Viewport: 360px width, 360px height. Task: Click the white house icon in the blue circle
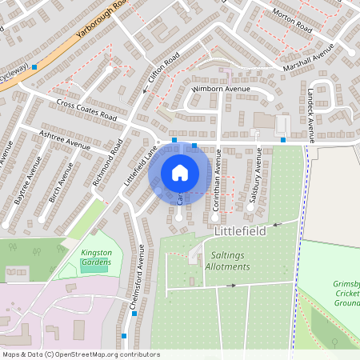pos(180,173)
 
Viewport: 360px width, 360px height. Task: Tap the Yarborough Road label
pos(103,20)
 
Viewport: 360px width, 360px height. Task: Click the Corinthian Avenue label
pos(216,184)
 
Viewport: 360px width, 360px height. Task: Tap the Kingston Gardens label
pos(97,258)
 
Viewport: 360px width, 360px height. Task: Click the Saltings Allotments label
pos(233,260)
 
